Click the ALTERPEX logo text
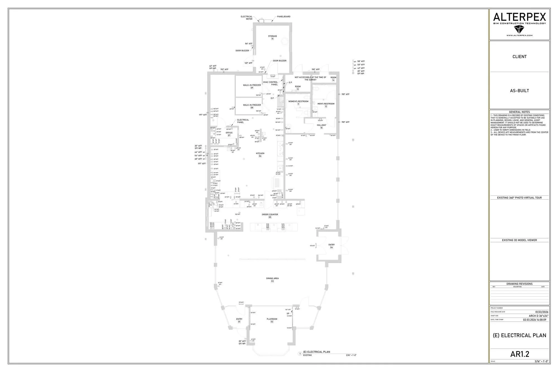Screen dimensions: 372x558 click(x=519, y=17)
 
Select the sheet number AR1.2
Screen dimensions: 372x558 click(x=519, y=354)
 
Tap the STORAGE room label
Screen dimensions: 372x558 click(x=272, y=36)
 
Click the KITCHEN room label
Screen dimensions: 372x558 click(x=260, y=153)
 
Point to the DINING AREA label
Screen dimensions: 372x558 click(x=272, y=278)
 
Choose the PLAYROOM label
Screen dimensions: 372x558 click(x=272, y=319)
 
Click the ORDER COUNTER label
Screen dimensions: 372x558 click(x=270, y=215)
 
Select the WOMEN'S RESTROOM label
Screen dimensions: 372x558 click(x=298, y=101)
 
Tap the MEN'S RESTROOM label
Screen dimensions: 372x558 click(x=326, y=104)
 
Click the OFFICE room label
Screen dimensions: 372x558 click(x=229, y=133)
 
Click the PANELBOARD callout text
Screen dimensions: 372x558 click(x=283, y=16)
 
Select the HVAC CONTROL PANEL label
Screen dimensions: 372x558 click(x=270, y=83)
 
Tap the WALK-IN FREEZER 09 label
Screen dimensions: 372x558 click(x=252, y=85)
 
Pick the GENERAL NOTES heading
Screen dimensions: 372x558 click(x=519, y=112)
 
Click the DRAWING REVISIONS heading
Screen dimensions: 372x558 click(x=519, y=284)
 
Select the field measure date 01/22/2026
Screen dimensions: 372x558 click(x=542, y=312)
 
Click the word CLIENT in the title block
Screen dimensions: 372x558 click(x=519, y=57)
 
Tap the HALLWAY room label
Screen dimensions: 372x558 click(x=321, y=125)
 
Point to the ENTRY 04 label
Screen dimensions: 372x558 click(x=331, y=245)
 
